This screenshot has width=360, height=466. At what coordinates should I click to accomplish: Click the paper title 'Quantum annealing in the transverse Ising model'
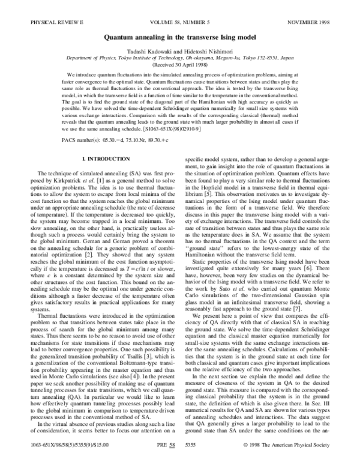180,20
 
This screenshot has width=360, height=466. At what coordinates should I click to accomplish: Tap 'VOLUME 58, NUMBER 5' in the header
180,6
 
